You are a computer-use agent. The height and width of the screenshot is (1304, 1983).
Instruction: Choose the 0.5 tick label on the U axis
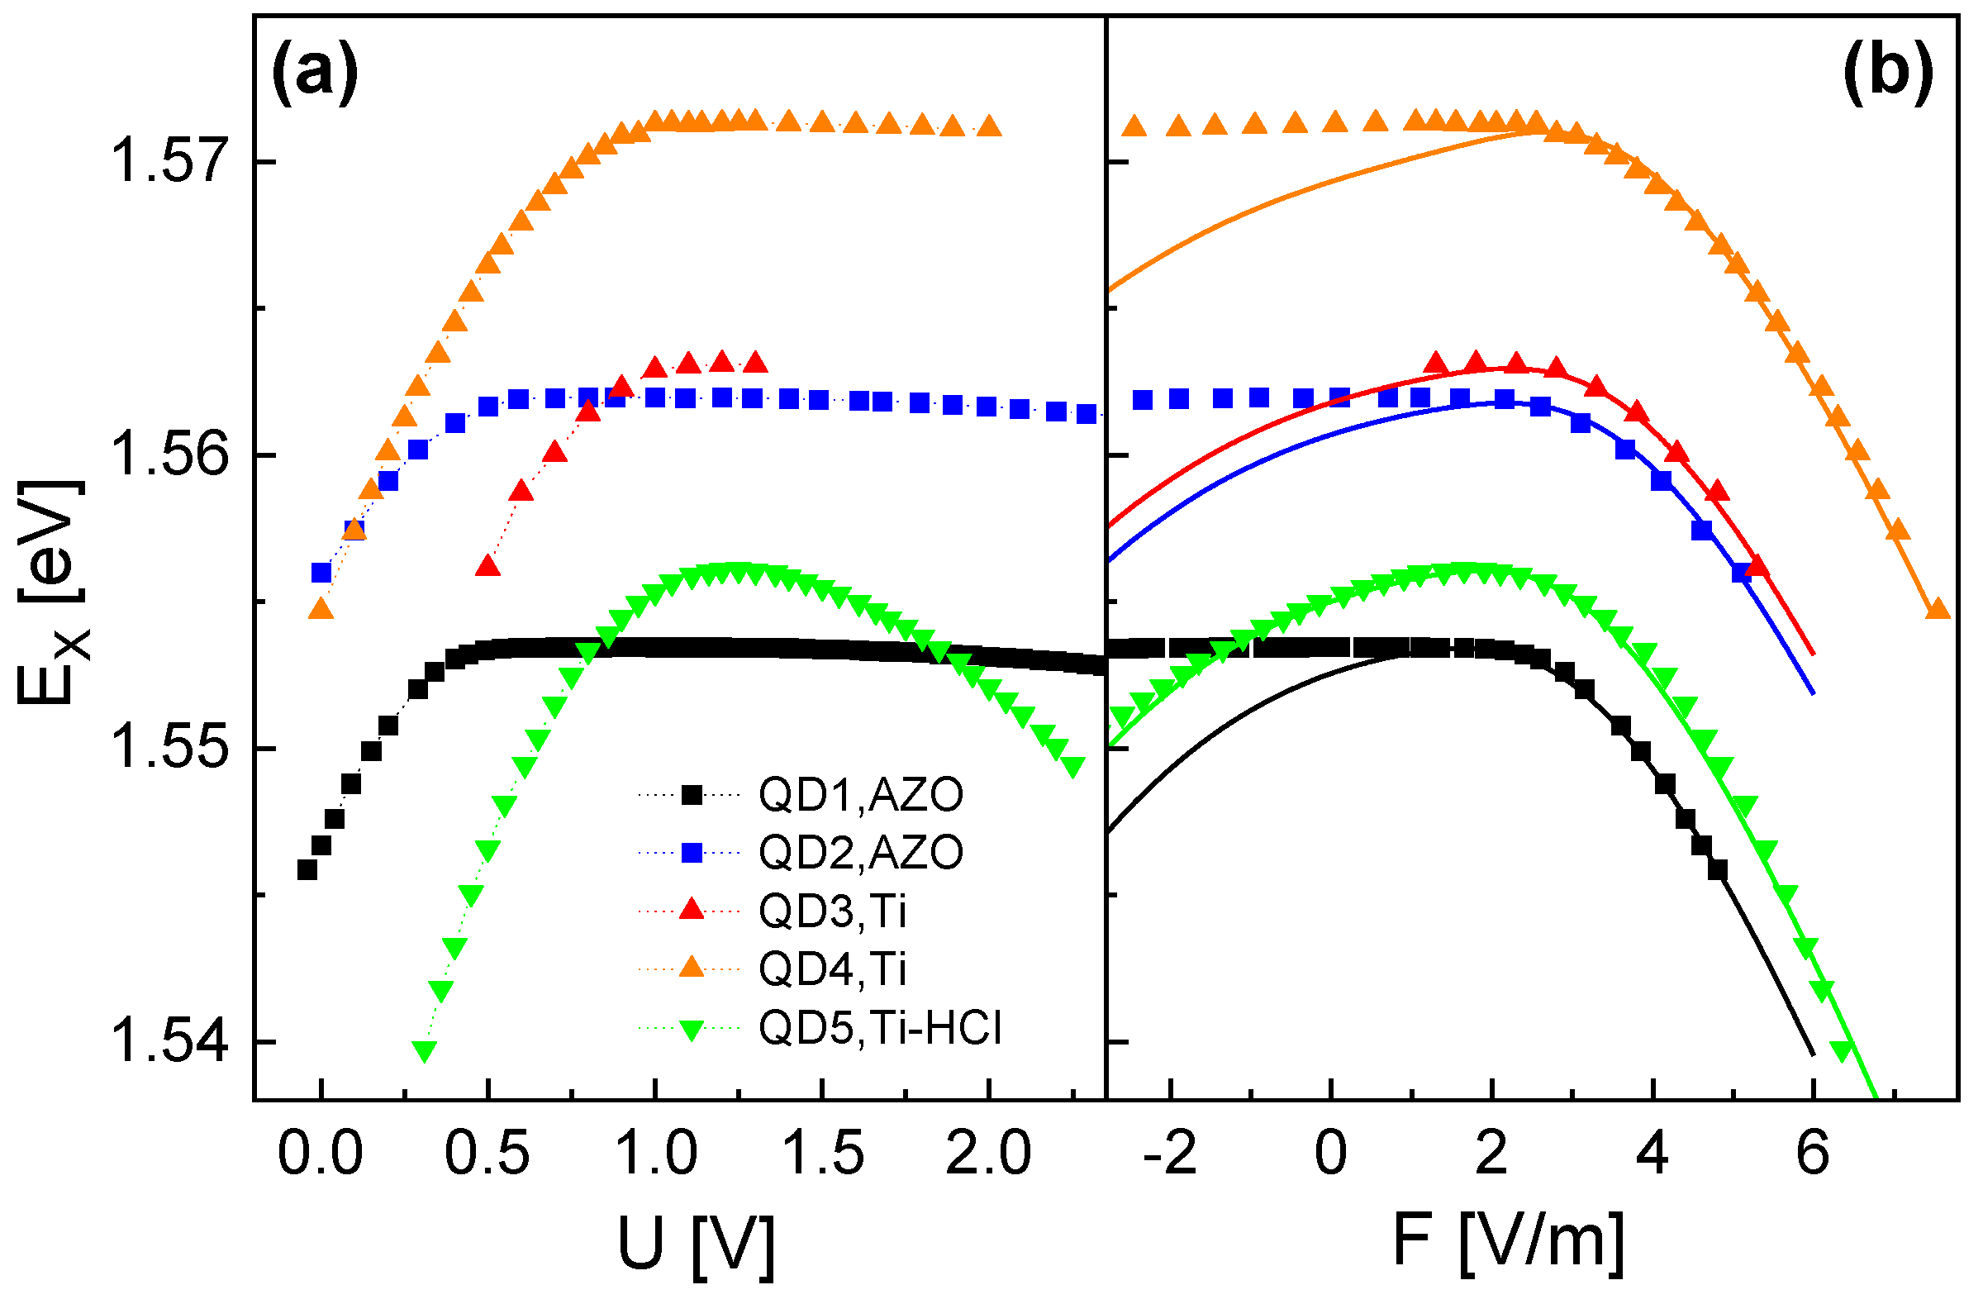coord(487,1154)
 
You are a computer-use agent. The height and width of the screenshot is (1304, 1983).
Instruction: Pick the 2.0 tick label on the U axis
coord(989,1154)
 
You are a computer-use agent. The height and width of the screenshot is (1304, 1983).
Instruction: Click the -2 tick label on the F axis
coord(1172,1154)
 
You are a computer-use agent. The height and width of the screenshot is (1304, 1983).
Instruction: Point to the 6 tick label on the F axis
coord(1813,1154)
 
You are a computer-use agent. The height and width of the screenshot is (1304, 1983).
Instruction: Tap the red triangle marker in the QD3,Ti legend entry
coord(692,909)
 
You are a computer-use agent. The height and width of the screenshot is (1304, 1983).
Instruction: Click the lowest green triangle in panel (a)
coord(425,1051)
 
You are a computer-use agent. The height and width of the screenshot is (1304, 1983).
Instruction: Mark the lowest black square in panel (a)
coord(307,870)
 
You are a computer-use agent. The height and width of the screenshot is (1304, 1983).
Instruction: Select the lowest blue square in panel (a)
coord(321,573)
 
